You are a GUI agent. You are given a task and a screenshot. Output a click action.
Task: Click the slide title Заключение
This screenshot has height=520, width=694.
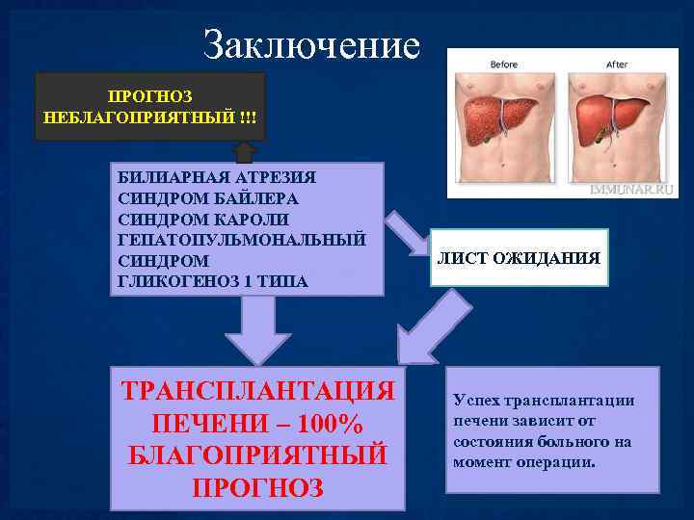(312, 45)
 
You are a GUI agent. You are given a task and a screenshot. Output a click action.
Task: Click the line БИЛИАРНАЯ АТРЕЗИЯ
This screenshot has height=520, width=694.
(217, 178)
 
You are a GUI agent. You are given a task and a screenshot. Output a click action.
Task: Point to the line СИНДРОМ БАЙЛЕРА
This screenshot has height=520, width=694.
(207, 198)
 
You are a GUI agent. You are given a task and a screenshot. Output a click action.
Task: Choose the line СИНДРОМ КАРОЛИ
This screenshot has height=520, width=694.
(201, 219)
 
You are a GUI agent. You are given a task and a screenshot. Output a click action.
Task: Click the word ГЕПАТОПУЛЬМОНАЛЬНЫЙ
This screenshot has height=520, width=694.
(241, 240)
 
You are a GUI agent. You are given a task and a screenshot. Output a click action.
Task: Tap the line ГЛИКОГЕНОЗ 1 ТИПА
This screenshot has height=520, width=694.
(212, 281)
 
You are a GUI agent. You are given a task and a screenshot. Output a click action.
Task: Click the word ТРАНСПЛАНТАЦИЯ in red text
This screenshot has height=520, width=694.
(258, 391)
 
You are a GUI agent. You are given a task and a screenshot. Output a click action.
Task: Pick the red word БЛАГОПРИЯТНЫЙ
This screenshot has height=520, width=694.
(258, 455)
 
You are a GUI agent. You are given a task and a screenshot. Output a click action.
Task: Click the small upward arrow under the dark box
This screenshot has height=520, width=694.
(244, 151)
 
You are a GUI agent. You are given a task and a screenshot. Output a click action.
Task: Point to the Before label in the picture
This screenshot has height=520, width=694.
(504, 65)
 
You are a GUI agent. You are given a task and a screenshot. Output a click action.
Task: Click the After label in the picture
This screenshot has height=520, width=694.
(617, 65)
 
